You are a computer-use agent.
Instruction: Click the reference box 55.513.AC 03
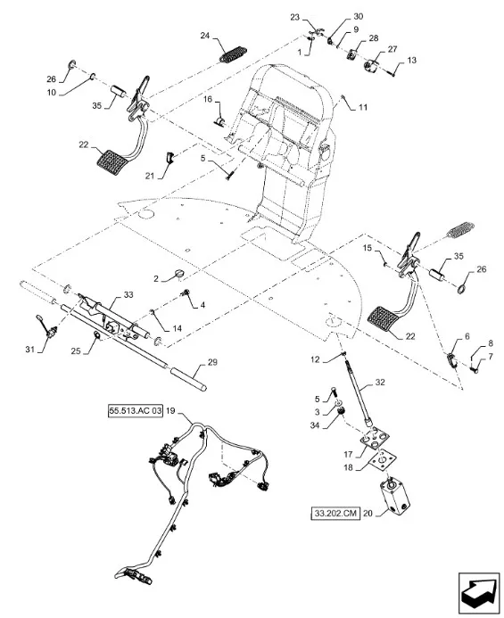click(135, 411)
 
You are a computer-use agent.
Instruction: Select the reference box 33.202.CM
click(335, 514)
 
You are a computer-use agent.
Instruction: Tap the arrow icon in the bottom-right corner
click(479, 591)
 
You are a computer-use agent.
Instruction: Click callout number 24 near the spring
click(205, 36)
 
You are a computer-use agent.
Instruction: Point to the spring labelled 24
click(233, 54)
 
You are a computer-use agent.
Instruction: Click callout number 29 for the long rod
click(212, 362)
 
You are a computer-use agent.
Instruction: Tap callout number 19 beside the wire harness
click(170, 411)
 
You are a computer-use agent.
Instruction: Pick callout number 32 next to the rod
click(380, 382)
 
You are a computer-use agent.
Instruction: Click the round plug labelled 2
click(180, 274)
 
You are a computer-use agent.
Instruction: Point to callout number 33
click(128, 294)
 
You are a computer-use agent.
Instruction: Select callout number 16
click(208, 99)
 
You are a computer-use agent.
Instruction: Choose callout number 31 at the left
click(30, 350)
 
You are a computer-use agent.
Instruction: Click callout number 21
click(150, 176)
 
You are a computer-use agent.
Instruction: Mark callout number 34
click(314, 425)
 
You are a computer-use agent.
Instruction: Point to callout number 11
click(363, 107)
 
